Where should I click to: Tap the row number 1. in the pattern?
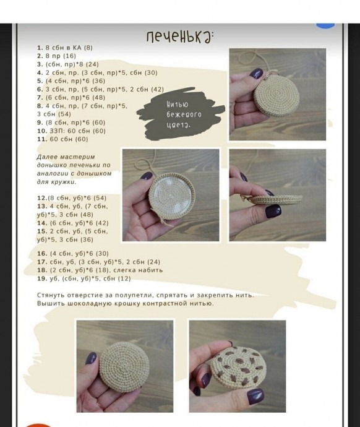point(40,48)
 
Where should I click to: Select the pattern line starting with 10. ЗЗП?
point(71,131)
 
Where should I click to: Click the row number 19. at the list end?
point(42,278)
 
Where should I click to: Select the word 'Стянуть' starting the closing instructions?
point(51,295)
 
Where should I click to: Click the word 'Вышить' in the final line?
point(51,303)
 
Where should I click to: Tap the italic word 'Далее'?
point(47,157)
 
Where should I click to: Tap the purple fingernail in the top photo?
point(256,74)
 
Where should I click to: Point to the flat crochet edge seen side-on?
point(275,199)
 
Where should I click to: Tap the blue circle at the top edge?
point(325,25)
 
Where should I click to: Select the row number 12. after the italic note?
point(42,198)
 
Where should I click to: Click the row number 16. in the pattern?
point(42,254)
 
